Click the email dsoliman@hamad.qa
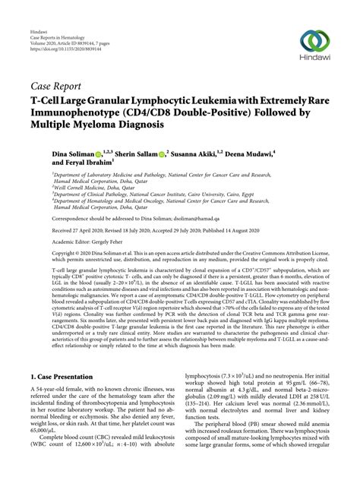(x=195, y=219)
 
